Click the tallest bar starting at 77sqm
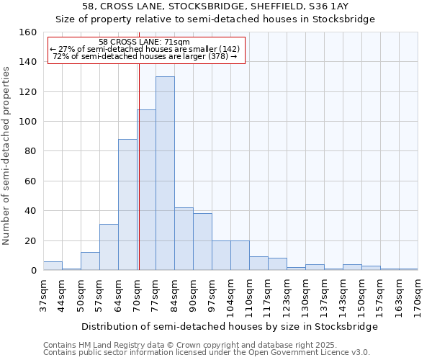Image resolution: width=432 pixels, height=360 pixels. pos(165,174)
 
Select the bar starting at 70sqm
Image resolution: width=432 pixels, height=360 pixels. pos(146,190)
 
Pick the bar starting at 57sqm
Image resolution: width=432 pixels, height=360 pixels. pos(109,247)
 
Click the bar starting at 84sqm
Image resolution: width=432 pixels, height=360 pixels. pos(184,239)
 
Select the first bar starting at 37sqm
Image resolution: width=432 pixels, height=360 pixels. pos(53,266)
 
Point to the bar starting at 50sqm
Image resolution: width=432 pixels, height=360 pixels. pos(90,261)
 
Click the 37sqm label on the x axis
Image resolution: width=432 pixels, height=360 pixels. pos(43,295)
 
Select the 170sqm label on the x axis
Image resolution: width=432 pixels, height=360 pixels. pos(418,295)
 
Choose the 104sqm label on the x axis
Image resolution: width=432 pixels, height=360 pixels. pos(230,295)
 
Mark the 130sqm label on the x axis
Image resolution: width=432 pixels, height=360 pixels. pos(305,295)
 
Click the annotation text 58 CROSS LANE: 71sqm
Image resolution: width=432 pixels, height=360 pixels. pos(144,42)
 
